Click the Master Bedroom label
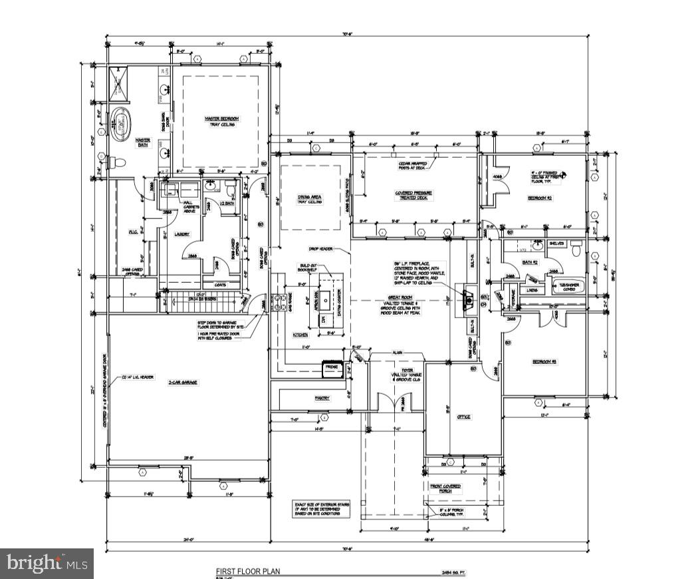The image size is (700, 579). click(221, 121)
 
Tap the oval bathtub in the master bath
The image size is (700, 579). click(120, 123)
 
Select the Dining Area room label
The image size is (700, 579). click(309, 199)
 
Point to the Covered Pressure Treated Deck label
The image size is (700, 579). click(413, 196)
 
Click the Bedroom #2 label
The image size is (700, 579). click(540, 198)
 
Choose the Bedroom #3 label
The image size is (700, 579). click(543, 361)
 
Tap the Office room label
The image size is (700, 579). click(463, 417)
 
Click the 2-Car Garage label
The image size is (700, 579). click(183, 382)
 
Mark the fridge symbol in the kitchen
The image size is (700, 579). click(331, 367)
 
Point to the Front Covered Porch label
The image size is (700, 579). click(445, 489)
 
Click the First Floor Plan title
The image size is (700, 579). click(248, 571)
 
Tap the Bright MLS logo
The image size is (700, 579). click(47, 563)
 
